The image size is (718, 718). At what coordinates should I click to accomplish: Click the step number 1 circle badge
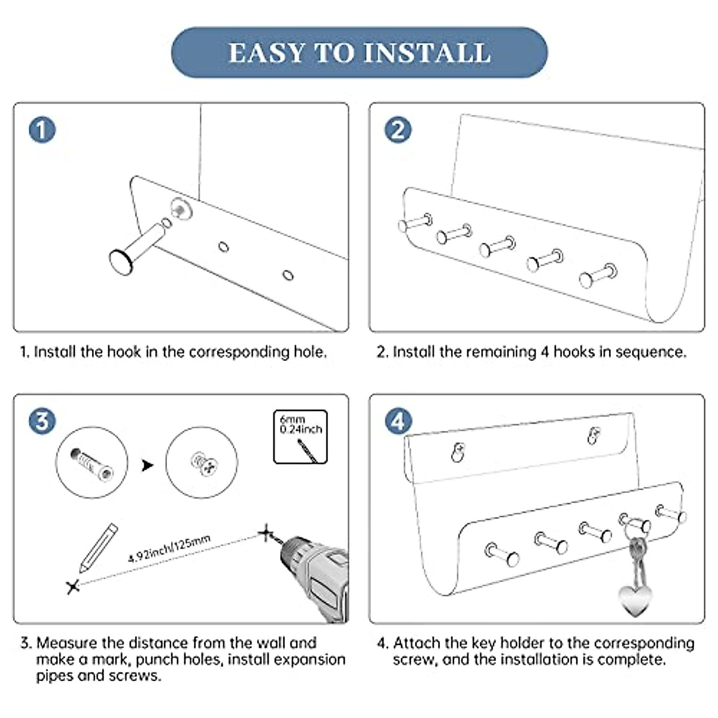click(42, 130)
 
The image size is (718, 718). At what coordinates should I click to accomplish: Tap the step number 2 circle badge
click(398, 130)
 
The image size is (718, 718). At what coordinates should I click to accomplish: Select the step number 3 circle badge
click(42, 421)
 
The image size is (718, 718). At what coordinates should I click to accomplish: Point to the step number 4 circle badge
click(398, 421)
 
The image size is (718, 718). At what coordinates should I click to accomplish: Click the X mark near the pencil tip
click(73, 587)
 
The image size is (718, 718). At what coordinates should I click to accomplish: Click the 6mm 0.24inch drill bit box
click(300, 437)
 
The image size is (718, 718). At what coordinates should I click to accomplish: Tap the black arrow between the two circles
click(147, 465)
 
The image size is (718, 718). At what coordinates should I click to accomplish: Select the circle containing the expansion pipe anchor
click(92, 463)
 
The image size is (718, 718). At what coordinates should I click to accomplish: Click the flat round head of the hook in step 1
click(122, 262)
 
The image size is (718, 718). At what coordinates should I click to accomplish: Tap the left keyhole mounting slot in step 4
click(458, 452)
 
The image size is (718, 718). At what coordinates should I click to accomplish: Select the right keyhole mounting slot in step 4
click(593, 435)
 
